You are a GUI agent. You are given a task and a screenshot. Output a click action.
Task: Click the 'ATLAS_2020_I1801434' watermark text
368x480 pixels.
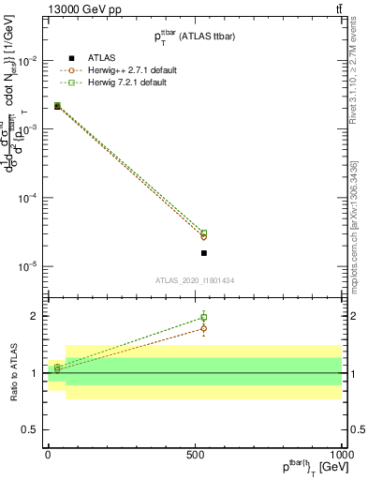tap(193, 280)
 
